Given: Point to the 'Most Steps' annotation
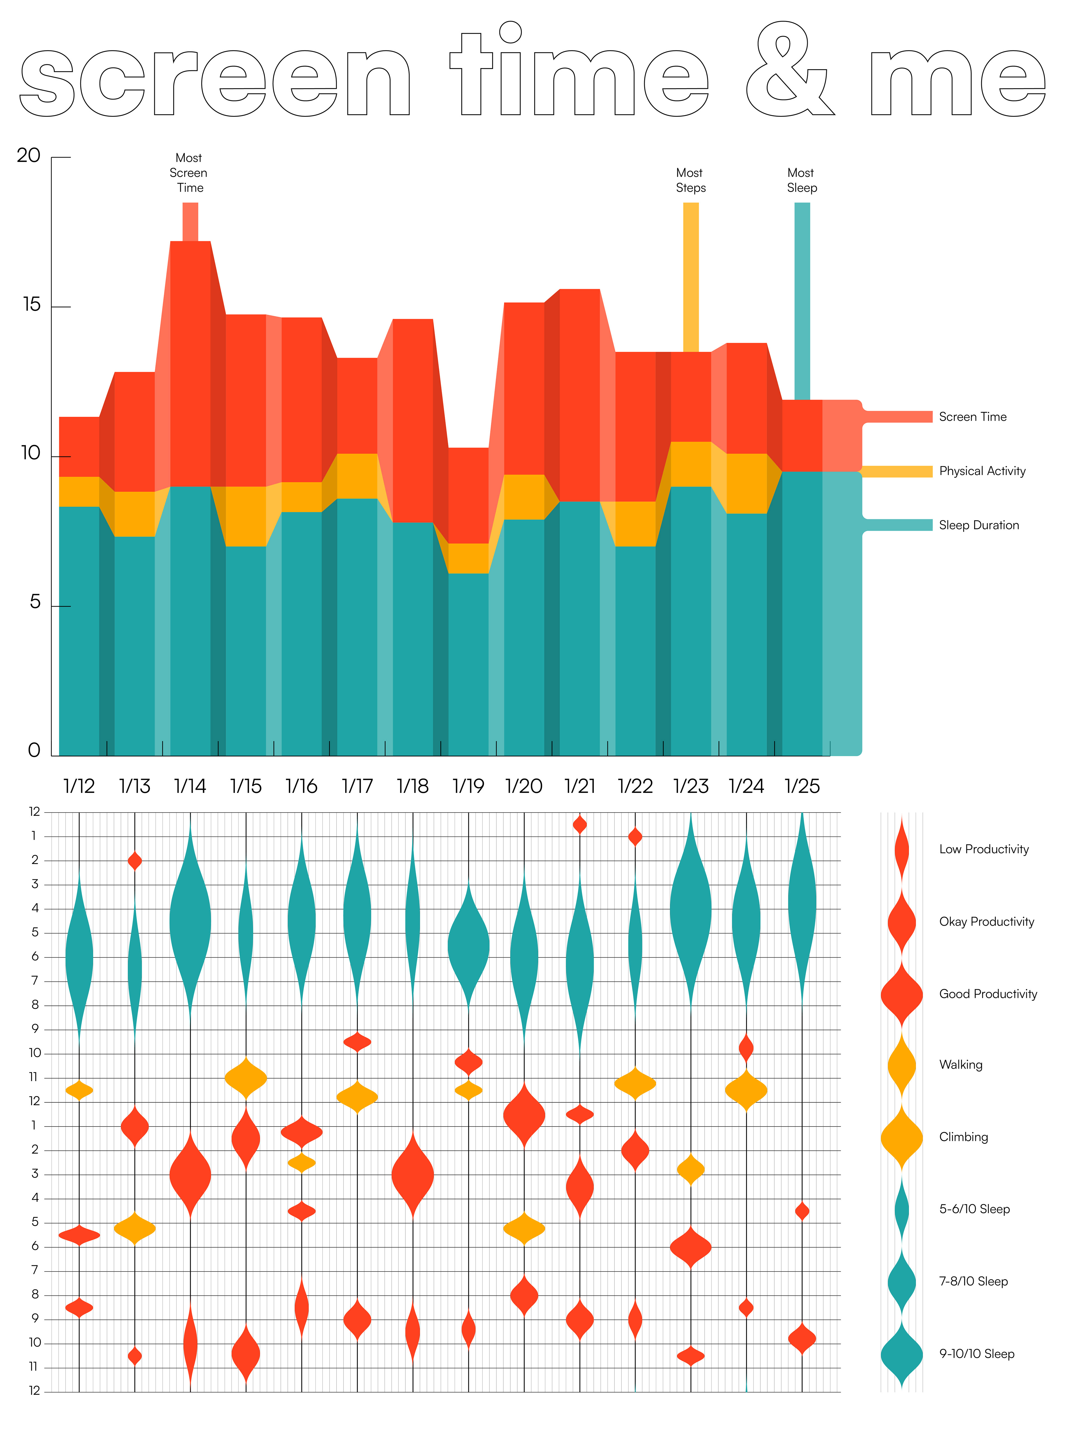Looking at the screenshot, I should [690, 180].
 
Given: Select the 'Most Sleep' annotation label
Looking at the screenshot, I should [801, 180].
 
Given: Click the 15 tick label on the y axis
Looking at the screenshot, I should [31, 305].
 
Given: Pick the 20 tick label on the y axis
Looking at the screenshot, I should [29, 156].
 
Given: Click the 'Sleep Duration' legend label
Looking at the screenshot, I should [978, 525].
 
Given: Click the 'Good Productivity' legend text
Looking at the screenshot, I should [988, 994].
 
